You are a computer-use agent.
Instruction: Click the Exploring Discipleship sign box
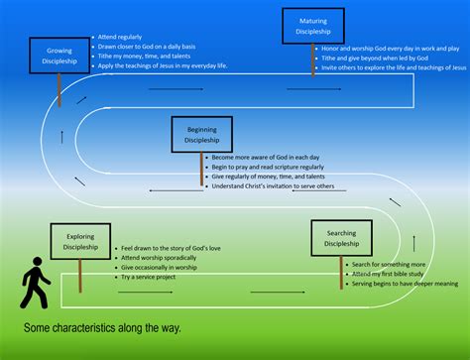click(x=80, y=242)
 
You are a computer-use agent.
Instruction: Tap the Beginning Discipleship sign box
click(x=201, y=137)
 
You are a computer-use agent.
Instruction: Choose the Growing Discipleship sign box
click(x=59, y=57)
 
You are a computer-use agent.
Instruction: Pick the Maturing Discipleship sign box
click(x=313, y=27)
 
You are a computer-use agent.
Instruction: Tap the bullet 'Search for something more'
click(x=387, y=262)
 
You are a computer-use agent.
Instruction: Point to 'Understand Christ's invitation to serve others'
click(x=271, y=186)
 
